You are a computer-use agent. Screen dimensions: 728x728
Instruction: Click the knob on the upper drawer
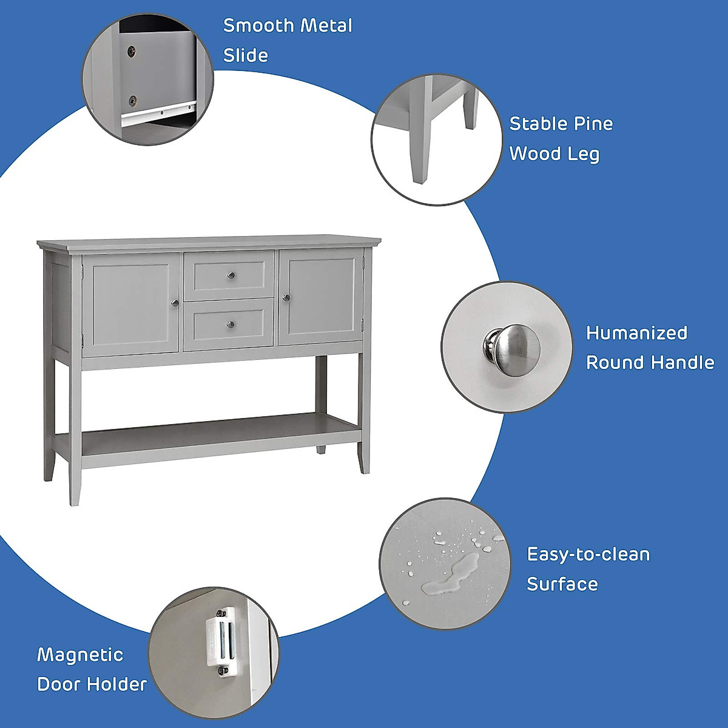point(231,276)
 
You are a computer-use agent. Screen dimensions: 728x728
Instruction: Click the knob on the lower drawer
point(231,325)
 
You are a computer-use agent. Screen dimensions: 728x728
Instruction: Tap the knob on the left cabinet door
point(175,303)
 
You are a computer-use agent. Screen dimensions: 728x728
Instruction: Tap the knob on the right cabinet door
point(286,298)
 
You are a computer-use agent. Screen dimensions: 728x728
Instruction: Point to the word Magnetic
point(80,655)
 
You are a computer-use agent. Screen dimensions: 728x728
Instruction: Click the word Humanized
point(636,333)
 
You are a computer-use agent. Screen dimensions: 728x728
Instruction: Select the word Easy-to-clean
point(588,554)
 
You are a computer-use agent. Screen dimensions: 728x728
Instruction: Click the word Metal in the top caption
point(326,25)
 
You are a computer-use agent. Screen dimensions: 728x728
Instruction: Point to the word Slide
point(246,55)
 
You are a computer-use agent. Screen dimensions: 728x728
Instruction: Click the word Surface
point(562,584)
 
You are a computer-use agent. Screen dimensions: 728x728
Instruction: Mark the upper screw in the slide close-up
point(131,52)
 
